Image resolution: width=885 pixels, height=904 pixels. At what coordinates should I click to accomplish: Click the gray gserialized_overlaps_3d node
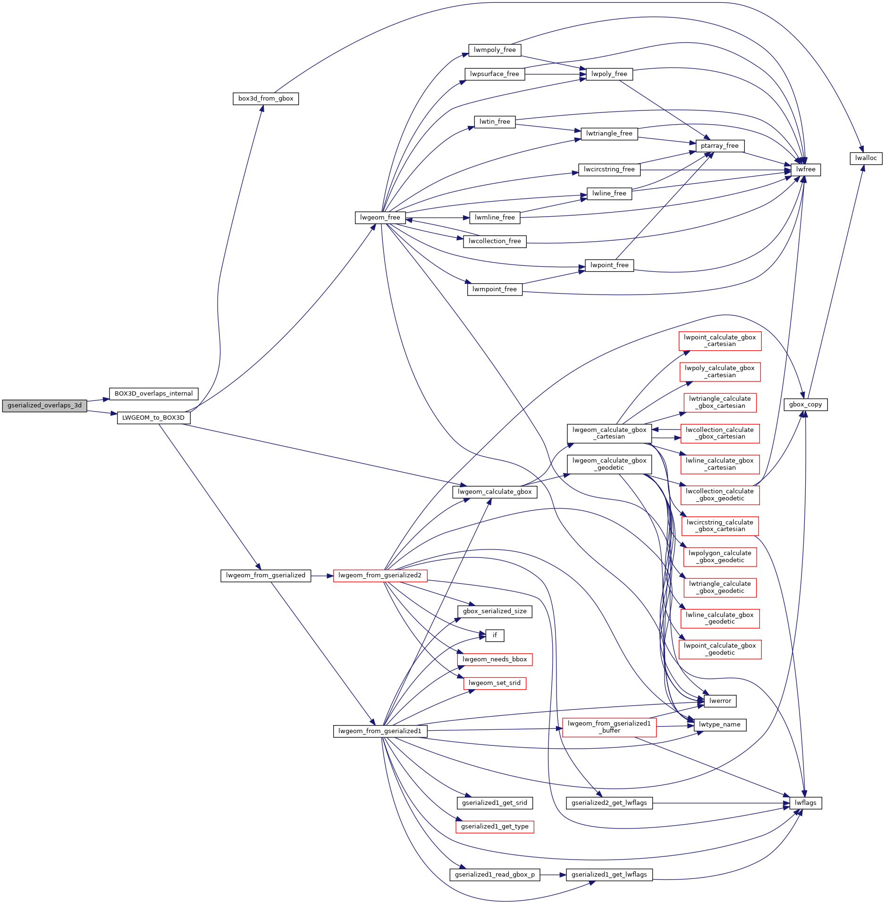tap(44, 406)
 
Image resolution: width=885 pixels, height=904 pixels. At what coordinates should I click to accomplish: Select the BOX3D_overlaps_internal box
tap(154, 394)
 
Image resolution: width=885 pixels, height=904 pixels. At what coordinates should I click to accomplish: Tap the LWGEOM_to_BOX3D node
tap(153, 418)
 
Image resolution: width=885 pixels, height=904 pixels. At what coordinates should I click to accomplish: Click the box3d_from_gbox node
tap(266, 99)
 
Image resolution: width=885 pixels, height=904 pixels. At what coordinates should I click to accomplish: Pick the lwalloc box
tap(866, 158)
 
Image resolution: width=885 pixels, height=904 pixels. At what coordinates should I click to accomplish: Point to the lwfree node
tap(806, 169)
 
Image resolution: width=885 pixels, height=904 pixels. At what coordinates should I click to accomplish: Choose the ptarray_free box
tap(720, 146)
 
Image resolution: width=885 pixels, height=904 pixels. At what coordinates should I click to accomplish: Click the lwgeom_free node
tap(380, 218)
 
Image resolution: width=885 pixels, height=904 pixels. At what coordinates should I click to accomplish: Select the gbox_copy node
tap(806, 405)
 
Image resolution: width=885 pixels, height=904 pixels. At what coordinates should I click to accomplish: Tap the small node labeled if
tap(495, 635)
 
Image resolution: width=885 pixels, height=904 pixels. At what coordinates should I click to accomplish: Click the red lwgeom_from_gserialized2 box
tap(380, 575)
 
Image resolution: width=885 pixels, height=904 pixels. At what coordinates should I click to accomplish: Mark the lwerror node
tap(720, 701)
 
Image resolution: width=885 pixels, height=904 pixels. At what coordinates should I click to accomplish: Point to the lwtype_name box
tap(720, 725)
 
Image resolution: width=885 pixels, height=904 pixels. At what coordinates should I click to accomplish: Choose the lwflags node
tap(806, 803)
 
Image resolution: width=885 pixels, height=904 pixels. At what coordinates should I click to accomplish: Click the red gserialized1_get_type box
tap(495, 827)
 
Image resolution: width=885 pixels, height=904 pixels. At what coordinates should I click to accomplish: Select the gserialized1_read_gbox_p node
tap(495, 875)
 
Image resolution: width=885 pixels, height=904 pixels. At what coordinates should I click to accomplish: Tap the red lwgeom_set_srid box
tap(495, 683)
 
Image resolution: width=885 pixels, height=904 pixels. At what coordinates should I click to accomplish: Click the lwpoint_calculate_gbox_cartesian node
tap(720, 341)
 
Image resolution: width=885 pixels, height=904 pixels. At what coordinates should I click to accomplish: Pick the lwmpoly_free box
tap(495, 50)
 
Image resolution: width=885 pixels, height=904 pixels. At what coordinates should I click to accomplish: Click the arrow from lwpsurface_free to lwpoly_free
tap(556, 74)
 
